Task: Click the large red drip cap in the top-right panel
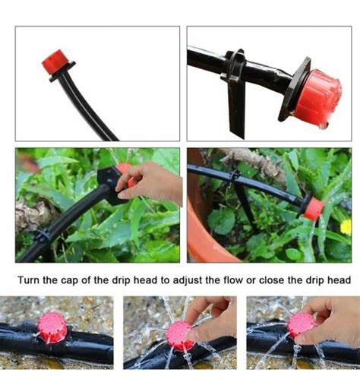tap(318, 99)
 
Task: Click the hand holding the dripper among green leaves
tap(150, 183)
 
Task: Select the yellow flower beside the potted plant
tap(346, 227)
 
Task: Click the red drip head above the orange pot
tap(314, 209)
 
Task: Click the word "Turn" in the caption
tap(28, 280)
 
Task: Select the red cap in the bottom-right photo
tap(302, 325)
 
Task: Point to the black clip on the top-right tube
tap(234, 65)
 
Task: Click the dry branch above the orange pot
tap(256, 162)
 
